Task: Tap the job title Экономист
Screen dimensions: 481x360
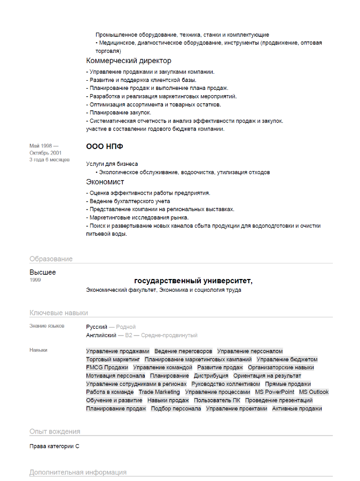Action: click(x=105, y=182)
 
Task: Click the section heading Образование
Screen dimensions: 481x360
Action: click(x=51, y=259)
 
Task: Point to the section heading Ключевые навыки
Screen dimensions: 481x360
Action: click(x=59, y=313)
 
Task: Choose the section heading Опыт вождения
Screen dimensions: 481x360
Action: click(x=54, y=431)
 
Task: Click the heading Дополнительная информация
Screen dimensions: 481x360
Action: click(x=78, y=472)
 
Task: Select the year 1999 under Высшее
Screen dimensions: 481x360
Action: click(x=35, y=280)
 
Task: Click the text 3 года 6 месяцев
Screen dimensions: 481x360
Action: click(x=50, y=160)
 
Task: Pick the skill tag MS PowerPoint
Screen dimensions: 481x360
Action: click(x=275, y=392)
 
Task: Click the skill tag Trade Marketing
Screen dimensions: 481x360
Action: click(x=159, y=392)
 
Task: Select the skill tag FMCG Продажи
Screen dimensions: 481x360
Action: click(x=107, y=367)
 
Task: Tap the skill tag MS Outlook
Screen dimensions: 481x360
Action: click(x=314, y=392)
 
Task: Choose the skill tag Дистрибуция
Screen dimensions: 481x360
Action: click(x=211, y=376)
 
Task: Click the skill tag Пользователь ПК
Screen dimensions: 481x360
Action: click(x=217, y=400)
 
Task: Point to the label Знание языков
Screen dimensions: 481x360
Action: click(x=47, y=326)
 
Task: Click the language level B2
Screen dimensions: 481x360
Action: click(x=128, y=335)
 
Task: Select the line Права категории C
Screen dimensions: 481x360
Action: click(x=54, y=446)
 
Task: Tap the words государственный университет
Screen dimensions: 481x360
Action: click(x=193, y=281)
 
